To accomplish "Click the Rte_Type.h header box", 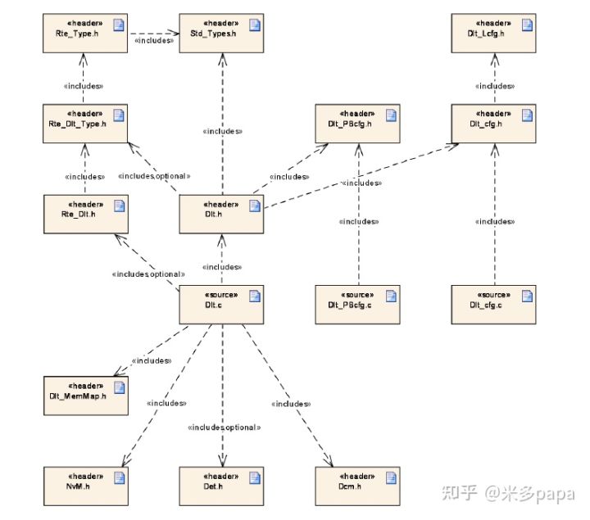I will [86, 33].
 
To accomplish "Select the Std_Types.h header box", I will [220, 33].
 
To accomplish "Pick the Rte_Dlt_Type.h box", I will [86, 124].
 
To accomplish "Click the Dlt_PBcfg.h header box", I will [356, 124].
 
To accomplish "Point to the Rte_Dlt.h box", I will [86, 214].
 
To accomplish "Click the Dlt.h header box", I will [220, 214].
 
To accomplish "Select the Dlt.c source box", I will [220, 304].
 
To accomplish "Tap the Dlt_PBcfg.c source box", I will [356, 304].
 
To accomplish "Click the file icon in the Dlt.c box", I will [254, 296].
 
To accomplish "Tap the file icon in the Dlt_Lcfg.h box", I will [527, 25].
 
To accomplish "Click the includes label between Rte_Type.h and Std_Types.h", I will [153, 38].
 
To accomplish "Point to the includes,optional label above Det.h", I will [224, 427].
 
